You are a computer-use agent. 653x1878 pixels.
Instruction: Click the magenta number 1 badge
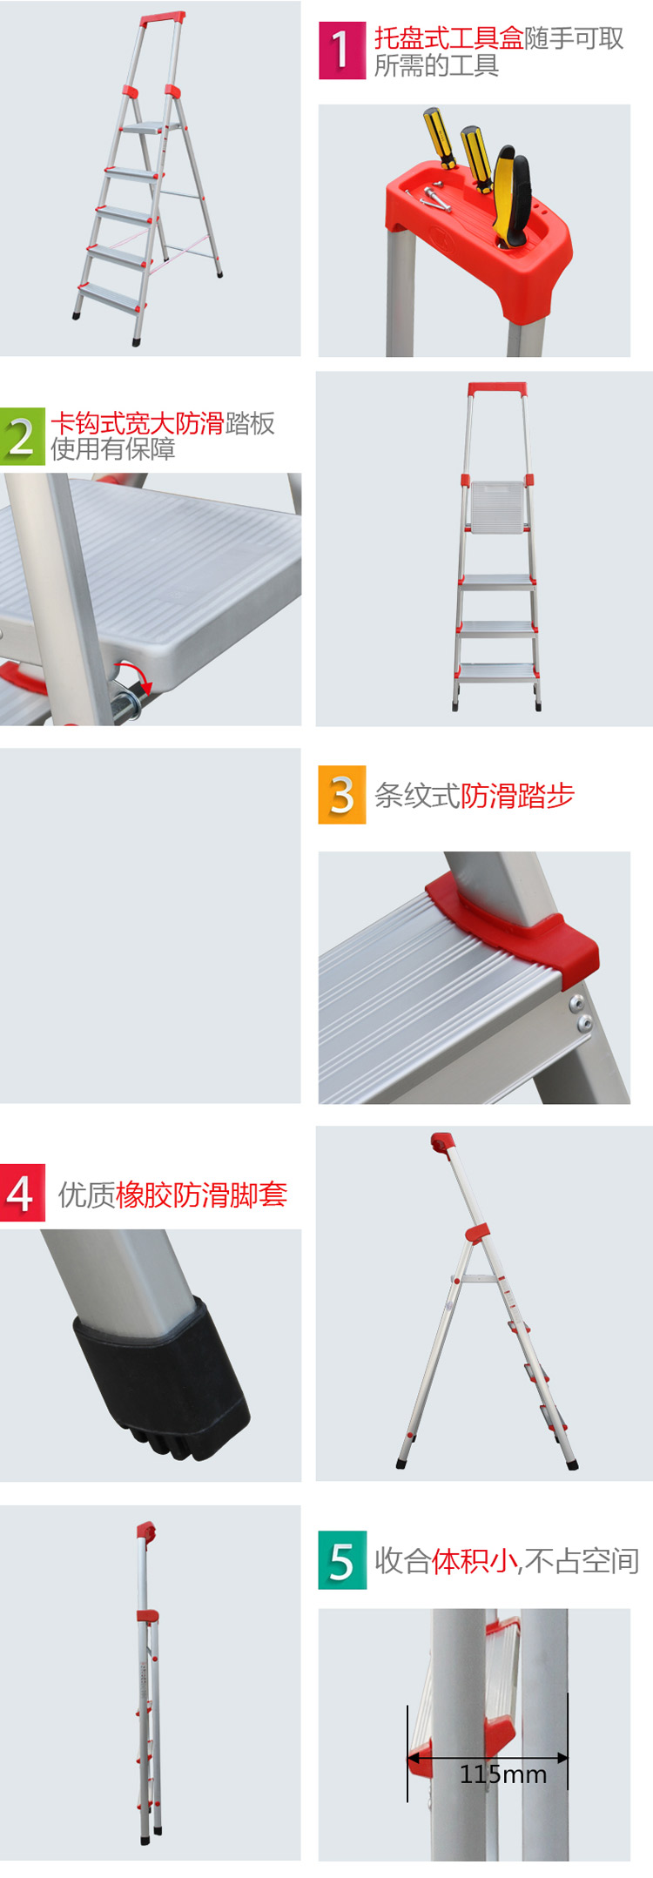[x=341, y=50]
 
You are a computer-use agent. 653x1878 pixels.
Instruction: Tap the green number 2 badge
[x=22, y=436]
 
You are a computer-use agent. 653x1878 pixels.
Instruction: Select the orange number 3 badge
[x=341, y=794]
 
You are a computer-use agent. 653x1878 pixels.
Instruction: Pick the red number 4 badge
[x=22, y=1193]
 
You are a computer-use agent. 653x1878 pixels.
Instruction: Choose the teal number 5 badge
[x=342, y=1559]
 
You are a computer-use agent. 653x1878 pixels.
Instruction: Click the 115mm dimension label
[x=503, y=1774]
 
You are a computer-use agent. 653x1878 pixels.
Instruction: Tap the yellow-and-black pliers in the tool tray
[x=510, y=197]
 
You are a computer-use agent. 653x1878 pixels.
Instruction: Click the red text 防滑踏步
[x=517, y=796]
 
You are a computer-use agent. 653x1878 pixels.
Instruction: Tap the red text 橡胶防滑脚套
[x=201, y=1195]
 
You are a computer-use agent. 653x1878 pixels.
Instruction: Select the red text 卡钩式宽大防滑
[x=138, y=423]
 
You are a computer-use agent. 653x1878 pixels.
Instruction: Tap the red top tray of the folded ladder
[x=146, y=1529]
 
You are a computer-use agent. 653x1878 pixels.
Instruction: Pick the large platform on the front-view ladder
[x=497, y=504]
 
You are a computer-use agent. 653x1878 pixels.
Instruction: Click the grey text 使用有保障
[x=113, y=449]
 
